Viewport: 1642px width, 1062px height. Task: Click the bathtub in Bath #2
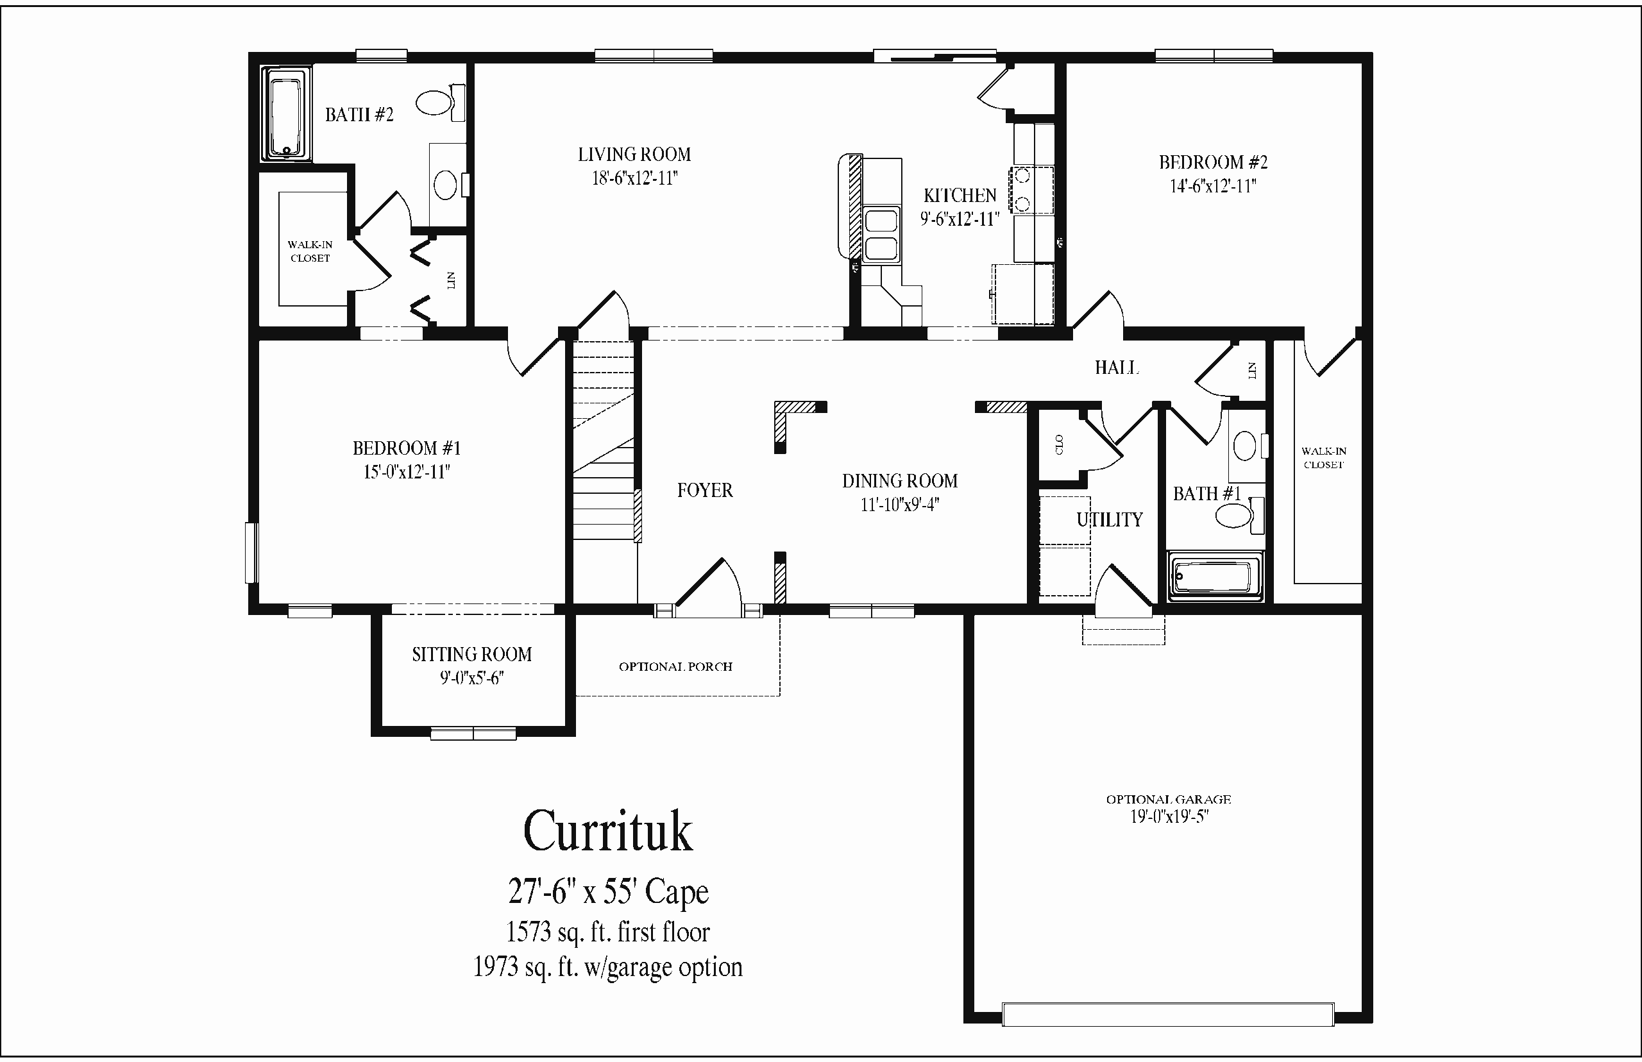(286, 115)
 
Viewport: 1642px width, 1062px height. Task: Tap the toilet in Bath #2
(440, 103)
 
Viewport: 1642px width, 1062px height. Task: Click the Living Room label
(634, 155)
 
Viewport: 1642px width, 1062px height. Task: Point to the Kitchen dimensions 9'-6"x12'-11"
(960, 219)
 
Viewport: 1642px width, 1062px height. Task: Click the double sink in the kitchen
(881, 235)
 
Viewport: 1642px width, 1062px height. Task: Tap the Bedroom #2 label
(1213, 162)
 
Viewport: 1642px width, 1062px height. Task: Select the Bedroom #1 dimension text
(407, 473)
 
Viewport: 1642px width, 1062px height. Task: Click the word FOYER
(705, 491)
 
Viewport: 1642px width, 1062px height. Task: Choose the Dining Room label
(900, 481)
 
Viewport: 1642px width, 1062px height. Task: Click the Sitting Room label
(471, 654)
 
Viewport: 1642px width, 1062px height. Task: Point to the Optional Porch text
(675, 667)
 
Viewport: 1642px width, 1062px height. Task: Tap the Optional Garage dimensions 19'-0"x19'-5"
(1169, 817)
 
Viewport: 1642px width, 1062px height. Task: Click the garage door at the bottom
(1167, 1015)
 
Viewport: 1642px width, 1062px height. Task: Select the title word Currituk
(607, 831)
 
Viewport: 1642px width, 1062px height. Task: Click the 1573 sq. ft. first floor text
(607, 932)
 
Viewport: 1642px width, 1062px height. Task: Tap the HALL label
(1116, 367)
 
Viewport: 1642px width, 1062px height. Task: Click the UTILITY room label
(1110, 519)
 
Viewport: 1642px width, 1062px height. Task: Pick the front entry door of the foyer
(708, 586)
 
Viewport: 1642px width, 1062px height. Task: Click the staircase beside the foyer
(604, 441)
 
